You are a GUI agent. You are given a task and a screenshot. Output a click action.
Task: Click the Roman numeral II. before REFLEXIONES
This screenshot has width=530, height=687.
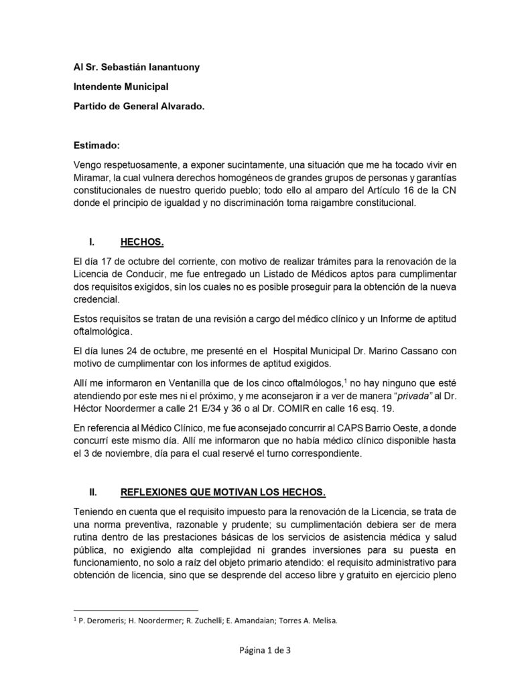(94, 492)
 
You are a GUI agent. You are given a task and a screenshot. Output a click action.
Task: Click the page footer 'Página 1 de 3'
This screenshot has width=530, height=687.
(265, 650)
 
